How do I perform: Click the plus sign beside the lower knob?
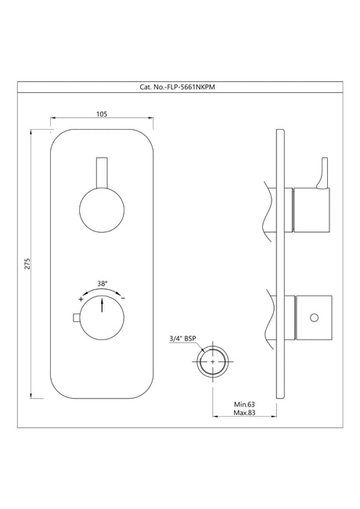tap(81, 299)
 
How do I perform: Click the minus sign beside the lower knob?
tap(123, 299)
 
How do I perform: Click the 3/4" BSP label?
tap(182, 338)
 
